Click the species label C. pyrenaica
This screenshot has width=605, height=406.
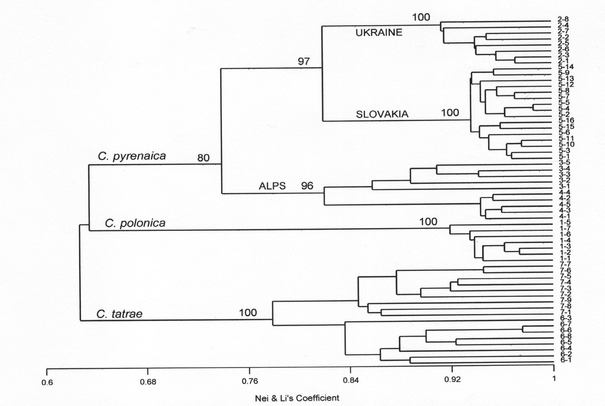coord(132,156)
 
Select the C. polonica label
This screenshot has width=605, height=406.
coord(135,223)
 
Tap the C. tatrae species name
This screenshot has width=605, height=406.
coord(119,314)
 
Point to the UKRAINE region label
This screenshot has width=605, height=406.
coord(379,32)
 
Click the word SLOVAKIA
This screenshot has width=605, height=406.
coord(382,114)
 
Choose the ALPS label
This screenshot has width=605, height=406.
coord(272,186)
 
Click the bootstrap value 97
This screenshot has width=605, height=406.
coord(303,61)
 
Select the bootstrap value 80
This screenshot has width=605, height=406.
coord(203,158)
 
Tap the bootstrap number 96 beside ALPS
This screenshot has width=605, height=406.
coord(307,186)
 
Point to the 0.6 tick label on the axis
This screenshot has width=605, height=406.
coord(47,382)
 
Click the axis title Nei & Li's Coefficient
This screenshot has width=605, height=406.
coord(297,398)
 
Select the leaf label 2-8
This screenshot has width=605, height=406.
coord(563,19)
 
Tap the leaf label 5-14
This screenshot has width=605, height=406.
coord(565,67)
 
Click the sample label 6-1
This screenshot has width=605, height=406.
coord(566,360)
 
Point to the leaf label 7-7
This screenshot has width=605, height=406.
coord(565,264)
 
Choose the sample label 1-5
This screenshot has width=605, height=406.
coord(565,222)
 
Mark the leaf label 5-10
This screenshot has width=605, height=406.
coord(566,145)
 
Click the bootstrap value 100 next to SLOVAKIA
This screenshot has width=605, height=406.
coord(450,113)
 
